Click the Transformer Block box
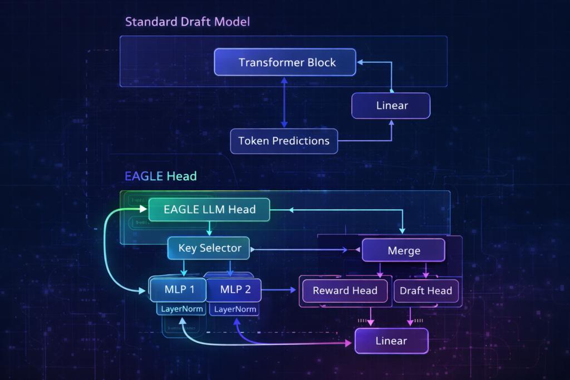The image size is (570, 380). coord(285,62)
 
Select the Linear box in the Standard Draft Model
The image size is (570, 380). coord(391,105)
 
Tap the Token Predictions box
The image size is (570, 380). coord(284,141)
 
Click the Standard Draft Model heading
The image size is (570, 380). coord(188,22)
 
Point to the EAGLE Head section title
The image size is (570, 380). coord(161,176)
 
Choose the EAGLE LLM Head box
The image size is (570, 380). coord(209,210)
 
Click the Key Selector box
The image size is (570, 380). coord(209,248)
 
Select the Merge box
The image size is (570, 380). coord(404,250)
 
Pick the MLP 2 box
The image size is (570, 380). coord(234,290)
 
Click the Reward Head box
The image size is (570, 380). coord(345,290)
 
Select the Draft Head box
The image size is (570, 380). coord(426,290)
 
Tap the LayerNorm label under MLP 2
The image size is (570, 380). coord(235,309)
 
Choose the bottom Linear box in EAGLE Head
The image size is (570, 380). coord(391,340)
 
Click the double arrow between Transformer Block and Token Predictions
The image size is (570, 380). coord(284,102)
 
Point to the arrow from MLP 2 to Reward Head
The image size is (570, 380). coord(279,290)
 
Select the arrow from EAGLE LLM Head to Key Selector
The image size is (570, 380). coord(209,229)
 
